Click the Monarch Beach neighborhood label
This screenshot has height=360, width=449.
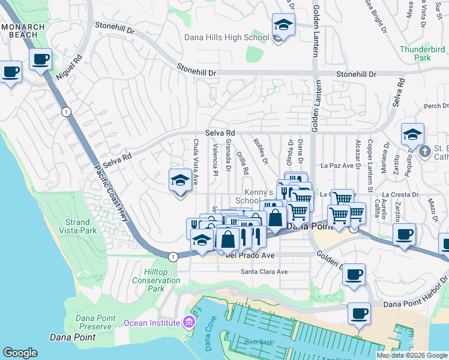coord(23,31)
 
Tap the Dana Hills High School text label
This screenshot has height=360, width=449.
coord(226,38)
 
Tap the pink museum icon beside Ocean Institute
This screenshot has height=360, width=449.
coord(189,323)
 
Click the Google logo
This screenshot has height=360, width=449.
coord(20,353)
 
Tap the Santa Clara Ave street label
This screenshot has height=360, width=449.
coord(264,271)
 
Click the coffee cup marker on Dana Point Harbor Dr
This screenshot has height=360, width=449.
coord(359,312)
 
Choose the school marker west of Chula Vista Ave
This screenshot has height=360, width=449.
coord(179,180)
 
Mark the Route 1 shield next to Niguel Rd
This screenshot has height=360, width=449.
coord(65,111)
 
